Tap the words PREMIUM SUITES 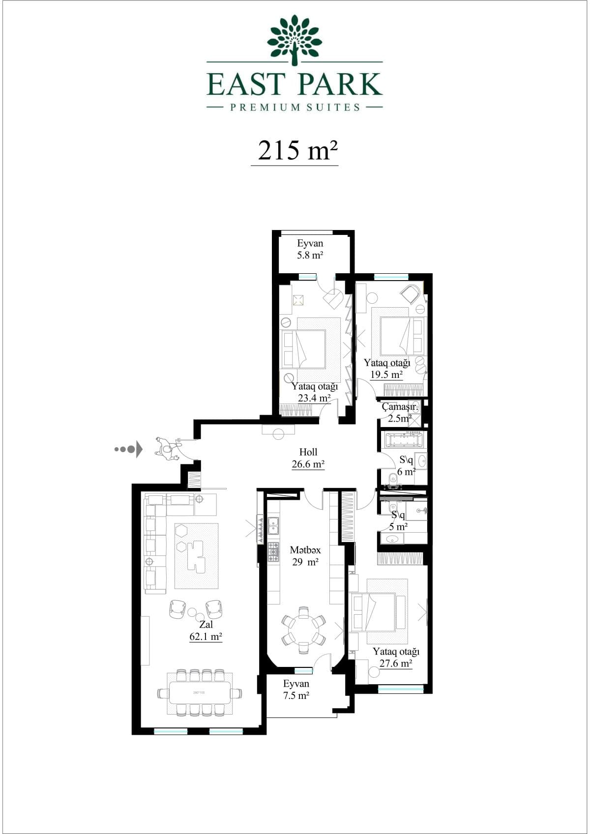(295, 107)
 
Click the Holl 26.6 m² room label (308, 458)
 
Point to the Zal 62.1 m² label (206, 631)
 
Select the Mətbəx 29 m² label (305, 556)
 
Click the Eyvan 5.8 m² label (310, 249)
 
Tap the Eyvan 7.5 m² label (296, 690)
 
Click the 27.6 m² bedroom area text (396, 663)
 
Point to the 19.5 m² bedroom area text (386, 374)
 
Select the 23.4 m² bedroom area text (314, 398)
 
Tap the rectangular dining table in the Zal (199, 692)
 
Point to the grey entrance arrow (128, 449)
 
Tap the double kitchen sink (274, 526)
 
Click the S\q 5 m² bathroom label (398, 520)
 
